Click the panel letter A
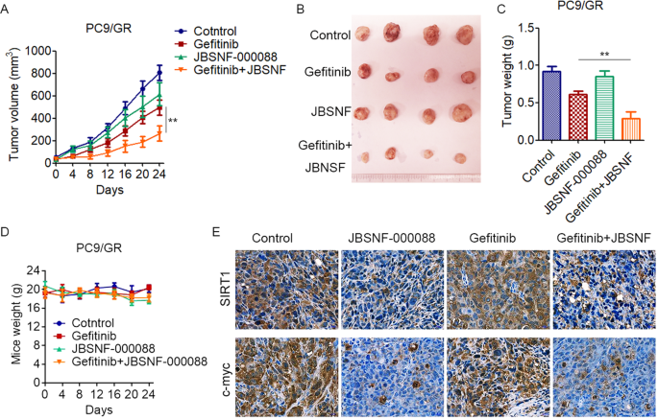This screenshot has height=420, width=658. [x=7, y=9]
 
